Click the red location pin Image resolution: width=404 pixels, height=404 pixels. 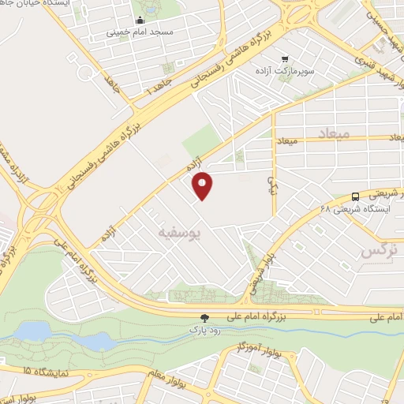click(203, 185)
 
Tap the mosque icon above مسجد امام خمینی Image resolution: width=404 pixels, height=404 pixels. click(140, 21)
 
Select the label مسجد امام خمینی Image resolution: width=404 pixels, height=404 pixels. click(140, 34)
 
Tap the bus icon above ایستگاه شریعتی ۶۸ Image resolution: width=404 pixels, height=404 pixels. click(355, 196)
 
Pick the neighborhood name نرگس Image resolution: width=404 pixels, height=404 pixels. click(376, 250)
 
